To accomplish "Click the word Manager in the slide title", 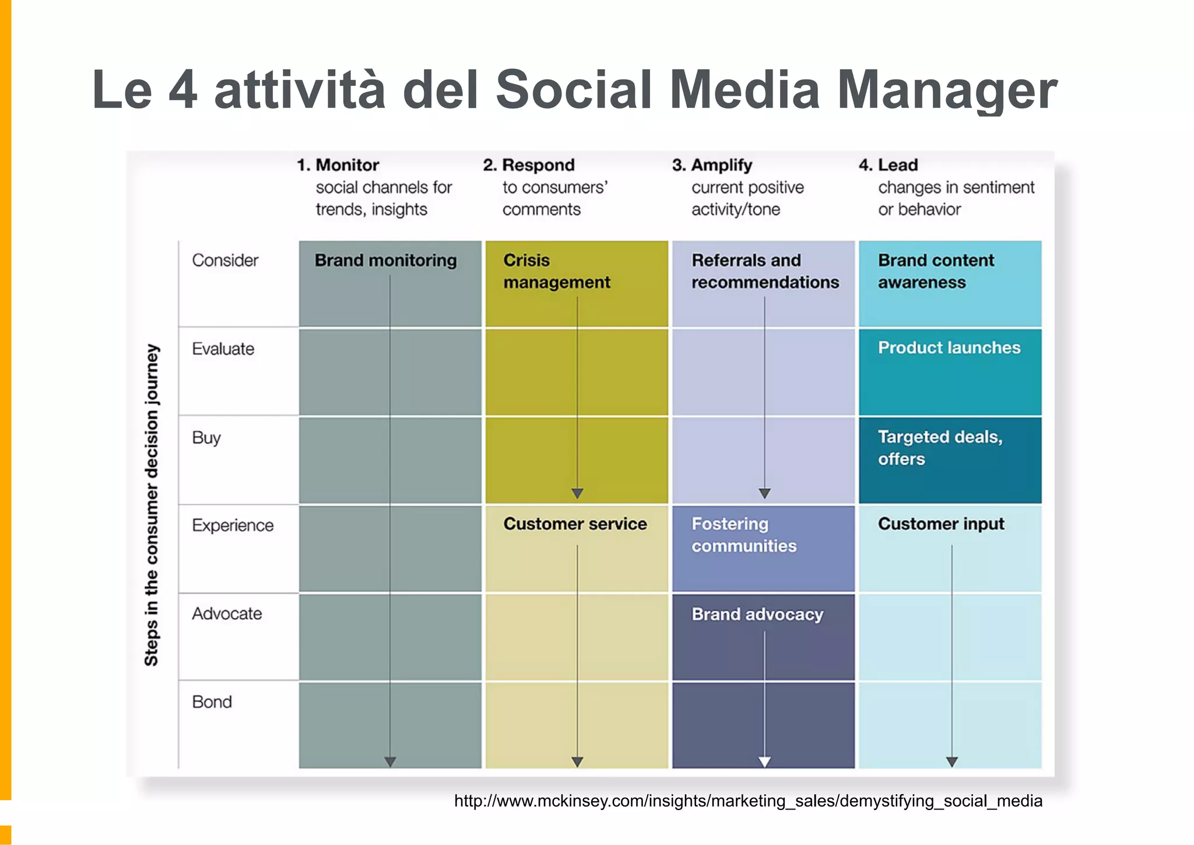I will point(947,90).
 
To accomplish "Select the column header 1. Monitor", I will point(338,165).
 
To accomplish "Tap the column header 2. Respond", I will point(529,165).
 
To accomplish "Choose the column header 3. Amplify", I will point(712,165).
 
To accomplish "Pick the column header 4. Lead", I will point(889,165).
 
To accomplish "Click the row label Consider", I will point(225,260).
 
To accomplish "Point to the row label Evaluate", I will point(223,349).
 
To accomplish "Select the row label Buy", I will point(206,437).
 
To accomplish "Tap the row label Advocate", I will point(227,613).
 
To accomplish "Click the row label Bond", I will point(212,702).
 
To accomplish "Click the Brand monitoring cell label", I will point(385,260).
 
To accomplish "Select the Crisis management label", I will point(556,271).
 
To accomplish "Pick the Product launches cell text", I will point(949,348).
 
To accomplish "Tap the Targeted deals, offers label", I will point(940,447).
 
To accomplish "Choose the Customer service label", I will point(575,524).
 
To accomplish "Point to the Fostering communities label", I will point(743,535).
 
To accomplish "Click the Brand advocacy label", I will point(757,614).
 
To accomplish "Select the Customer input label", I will point(941,524).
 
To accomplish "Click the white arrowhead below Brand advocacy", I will point(764,762).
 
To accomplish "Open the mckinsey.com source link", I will point(748,801).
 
